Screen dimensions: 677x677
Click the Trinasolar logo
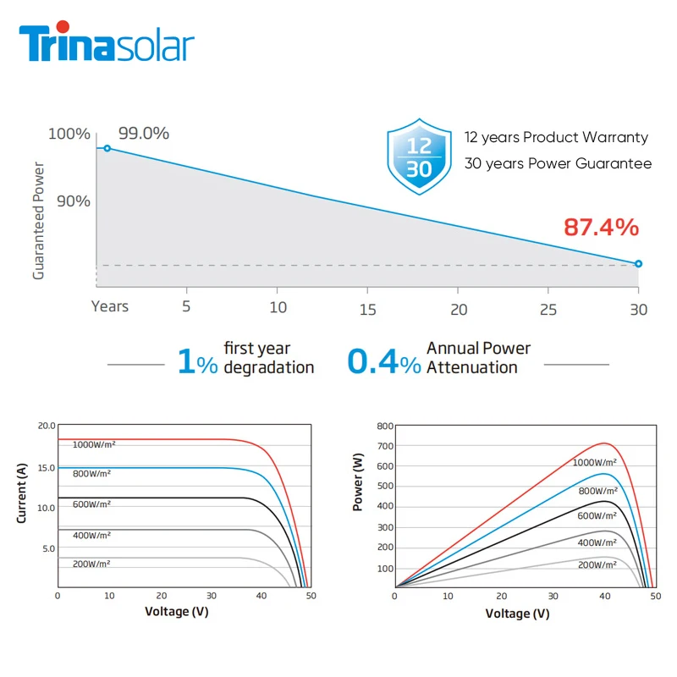[107, 46]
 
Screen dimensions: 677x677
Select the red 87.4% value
[601, 227]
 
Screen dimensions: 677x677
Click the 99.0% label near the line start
[144, 134]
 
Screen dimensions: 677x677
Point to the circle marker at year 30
[638, 263]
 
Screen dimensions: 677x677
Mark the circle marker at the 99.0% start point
[107, 148]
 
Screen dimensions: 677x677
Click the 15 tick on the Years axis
[367, 309]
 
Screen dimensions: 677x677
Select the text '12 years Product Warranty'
[556, 137]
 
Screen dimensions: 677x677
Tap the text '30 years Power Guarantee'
[558, 163]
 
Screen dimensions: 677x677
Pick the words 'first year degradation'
[268, 358]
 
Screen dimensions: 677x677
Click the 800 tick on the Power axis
[384, 426]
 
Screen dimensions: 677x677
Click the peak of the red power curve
[604, 443]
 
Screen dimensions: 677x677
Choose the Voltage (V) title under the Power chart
[518, 613]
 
